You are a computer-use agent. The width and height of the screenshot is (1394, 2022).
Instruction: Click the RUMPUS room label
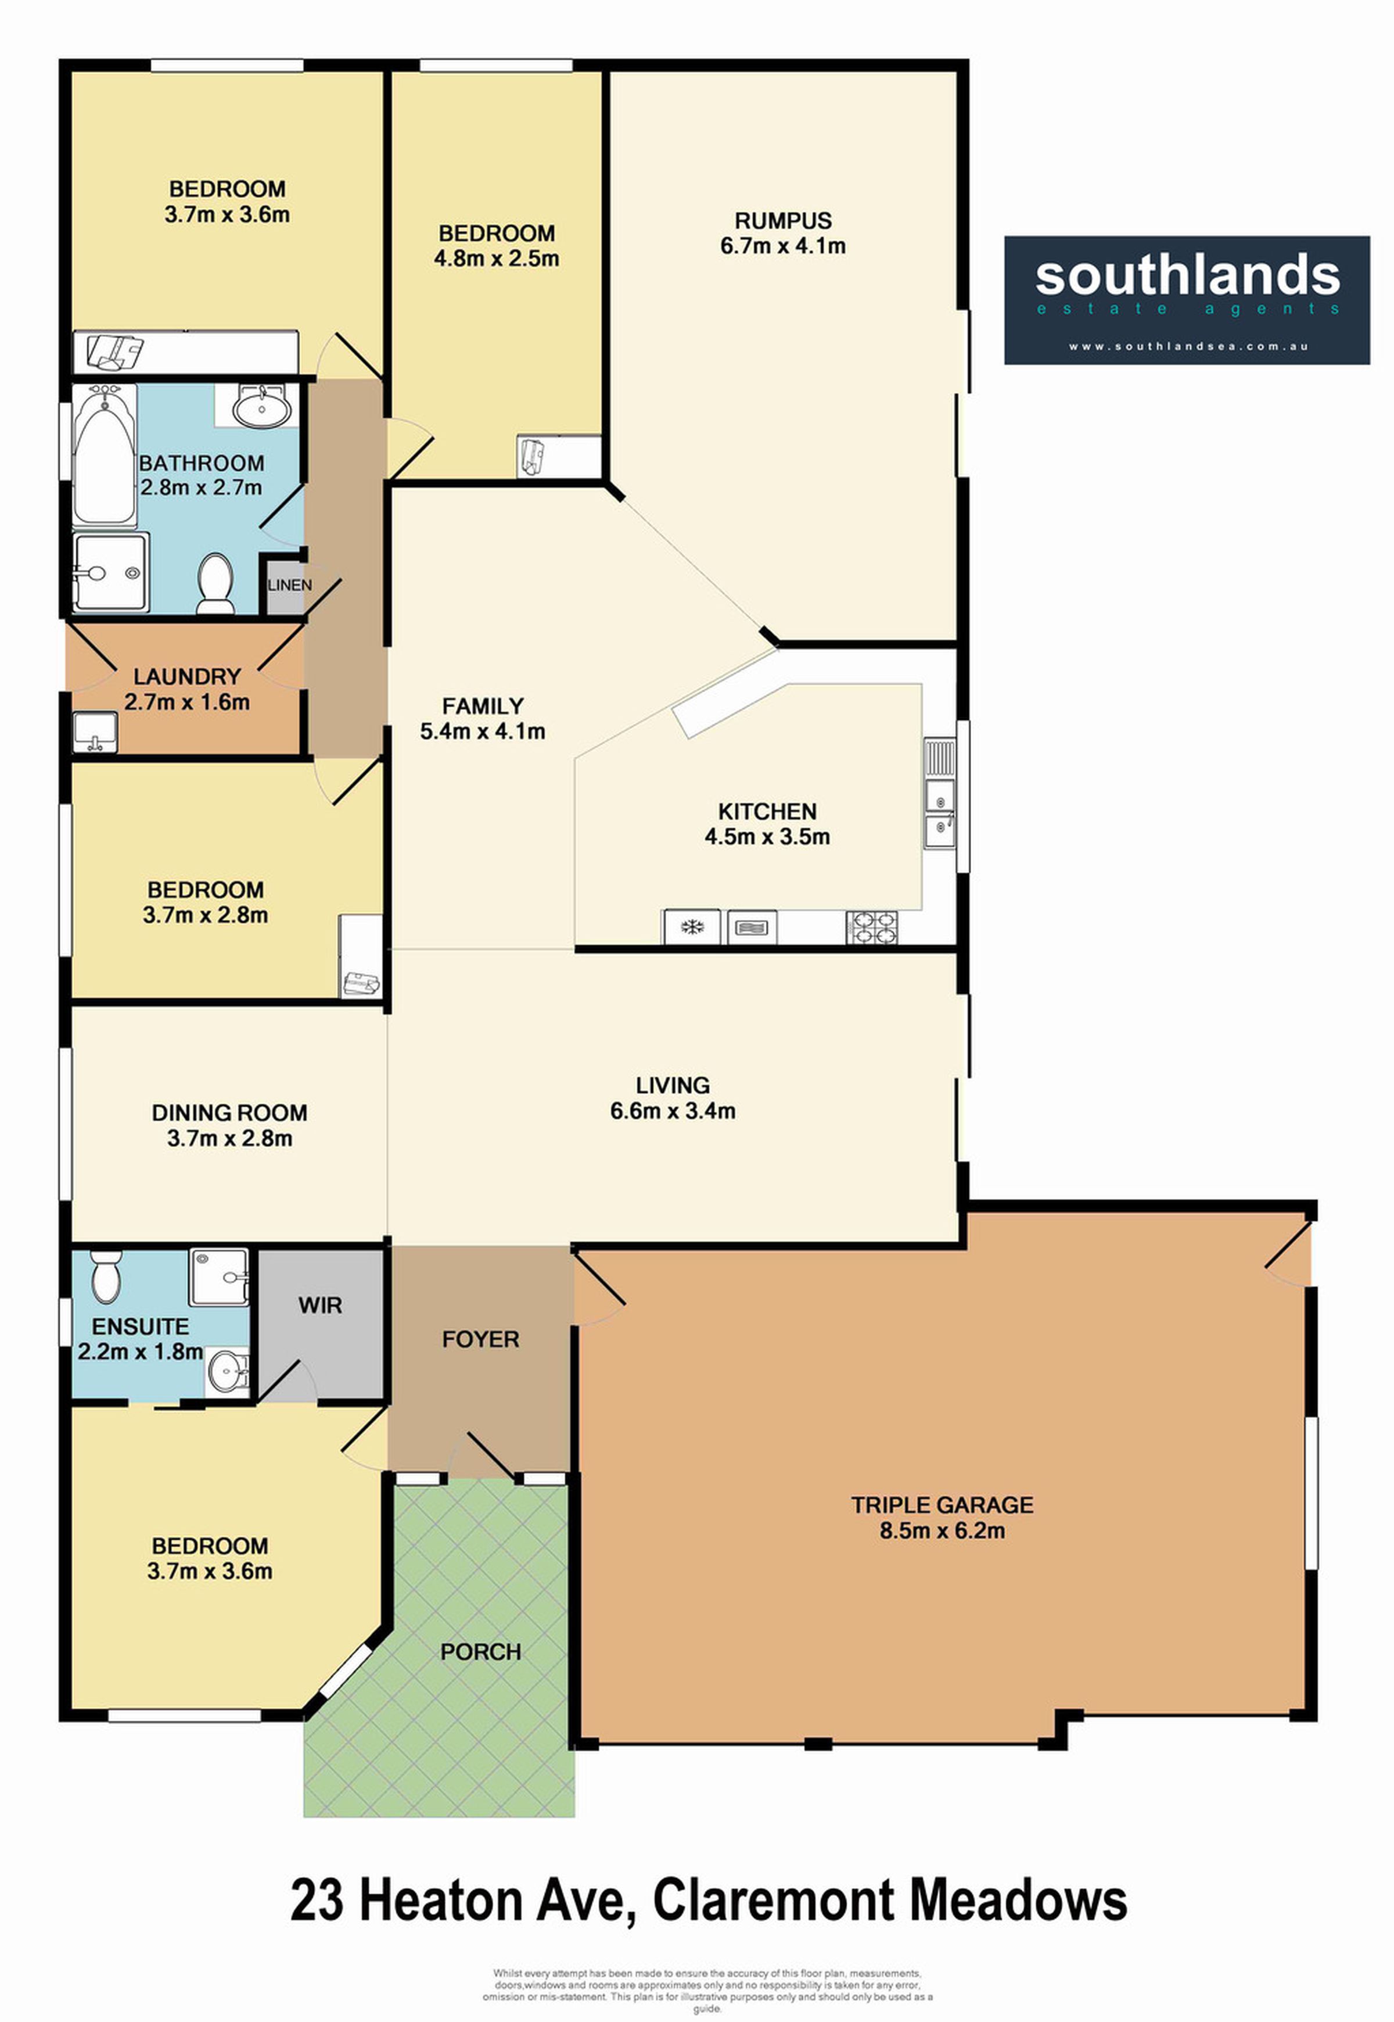coord(782,220)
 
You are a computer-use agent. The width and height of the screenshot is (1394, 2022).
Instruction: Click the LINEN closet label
coord(289,585)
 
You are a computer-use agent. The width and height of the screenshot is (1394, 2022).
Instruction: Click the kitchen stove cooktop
coord(871,927)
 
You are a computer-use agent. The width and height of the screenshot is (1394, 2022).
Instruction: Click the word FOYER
coord(480,1339)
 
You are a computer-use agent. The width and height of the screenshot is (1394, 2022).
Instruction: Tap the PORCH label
coord(480,1651)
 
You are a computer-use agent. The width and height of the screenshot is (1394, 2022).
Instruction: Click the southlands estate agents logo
coord(1186,300)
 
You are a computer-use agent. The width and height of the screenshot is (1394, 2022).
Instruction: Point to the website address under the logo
coord(1188,346)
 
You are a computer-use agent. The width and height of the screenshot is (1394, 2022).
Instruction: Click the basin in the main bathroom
coord(260,406)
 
